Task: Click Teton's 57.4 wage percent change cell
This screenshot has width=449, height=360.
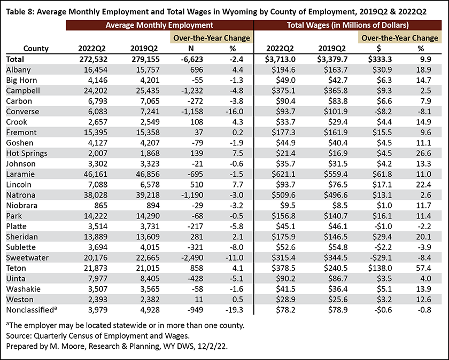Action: (x=423, y=268)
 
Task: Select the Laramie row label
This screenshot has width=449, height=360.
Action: (x=20, y=174)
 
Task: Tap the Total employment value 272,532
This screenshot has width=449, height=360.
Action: (x=94, y=59)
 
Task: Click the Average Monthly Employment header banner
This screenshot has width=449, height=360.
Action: (x=159, y=25)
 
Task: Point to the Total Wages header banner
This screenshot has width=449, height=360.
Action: (x=347, y=25)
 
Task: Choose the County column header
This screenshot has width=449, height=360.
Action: (x=36, y=49)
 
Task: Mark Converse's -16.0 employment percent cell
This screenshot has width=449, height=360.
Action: (x=234, y=111)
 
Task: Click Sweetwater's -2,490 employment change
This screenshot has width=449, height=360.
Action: (x=192, y=257)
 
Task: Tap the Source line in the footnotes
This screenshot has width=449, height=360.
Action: (x=98, y=335)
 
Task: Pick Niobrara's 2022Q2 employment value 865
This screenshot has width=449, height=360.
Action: (x=100, y=206)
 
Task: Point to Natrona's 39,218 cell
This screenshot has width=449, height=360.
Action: (x=146, y=195)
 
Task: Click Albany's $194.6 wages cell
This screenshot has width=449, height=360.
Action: (x=283, y=69)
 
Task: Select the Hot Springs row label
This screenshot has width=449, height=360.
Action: (x=27, y=153)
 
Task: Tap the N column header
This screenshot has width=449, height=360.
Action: (x=191, y=49)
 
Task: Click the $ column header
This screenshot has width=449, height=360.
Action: (x=378, y=49)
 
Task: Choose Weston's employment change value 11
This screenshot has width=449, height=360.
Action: (x=199, y=299)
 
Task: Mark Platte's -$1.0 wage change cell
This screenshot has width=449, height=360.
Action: (x=384, y=226)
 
